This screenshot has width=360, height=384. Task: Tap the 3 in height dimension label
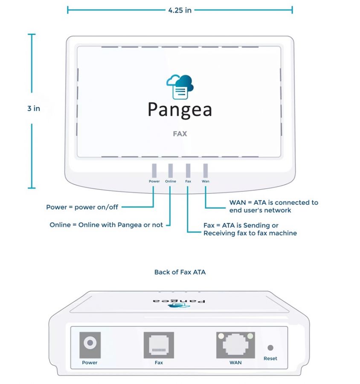(34, 108)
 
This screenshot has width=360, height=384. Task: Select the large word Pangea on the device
(180, 109)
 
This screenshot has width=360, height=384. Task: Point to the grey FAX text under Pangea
(180, 134)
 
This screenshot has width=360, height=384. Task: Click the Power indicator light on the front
(154, 170)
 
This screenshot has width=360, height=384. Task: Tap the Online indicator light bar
(171, 170)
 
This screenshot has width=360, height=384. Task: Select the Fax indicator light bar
(188, 170)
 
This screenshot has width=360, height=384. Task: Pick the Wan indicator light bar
(205, 170)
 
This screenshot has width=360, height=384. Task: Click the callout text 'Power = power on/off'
(82, 207)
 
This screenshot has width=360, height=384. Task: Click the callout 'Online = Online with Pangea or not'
(106, 224)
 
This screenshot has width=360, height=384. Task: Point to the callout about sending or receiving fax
(250, 229)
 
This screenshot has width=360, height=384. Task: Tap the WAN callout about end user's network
(273, 206)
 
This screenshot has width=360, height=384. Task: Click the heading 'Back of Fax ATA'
(180, 272)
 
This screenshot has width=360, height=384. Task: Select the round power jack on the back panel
(90, 343)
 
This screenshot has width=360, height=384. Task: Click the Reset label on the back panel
(270, 358)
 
